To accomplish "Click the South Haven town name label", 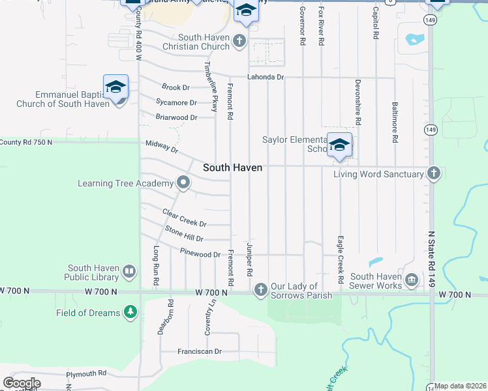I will coord(232,167).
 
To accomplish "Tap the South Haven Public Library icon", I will coord(129,272).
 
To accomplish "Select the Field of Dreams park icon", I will coord(131,313).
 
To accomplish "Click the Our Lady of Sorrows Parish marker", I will coord(261,289).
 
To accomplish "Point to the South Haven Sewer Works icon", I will coord(412,281).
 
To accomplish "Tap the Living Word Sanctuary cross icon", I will coord(433,173).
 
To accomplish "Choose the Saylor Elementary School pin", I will coord(339,145).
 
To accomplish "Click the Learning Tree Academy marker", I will coord(183,183).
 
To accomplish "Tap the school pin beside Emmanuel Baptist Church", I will coord(115,87).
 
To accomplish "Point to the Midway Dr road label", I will coord(162,147).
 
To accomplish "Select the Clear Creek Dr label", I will coord(185,218).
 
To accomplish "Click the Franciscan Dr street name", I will coord(200,351).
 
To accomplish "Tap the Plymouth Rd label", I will coord(87,373).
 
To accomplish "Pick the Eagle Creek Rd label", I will coord(341,259).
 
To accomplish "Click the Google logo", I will coord(22,383).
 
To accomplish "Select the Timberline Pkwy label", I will coord(210,87).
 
